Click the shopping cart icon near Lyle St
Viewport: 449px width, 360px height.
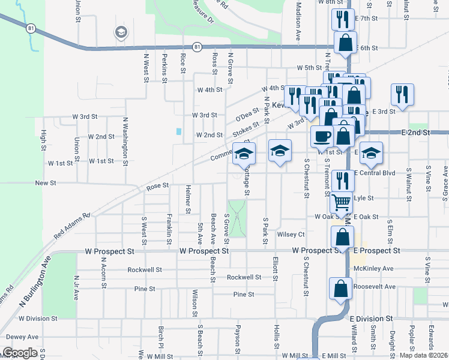click(342, 203)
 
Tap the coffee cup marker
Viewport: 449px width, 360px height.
click(322, 136)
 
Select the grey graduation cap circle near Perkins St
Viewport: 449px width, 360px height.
click(121, 32)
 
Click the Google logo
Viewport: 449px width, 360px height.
click(20, 352)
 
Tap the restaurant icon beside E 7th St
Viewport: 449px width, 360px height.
click(343, 19)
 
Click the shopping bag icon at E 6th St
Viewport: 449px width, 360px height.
click(346, 43)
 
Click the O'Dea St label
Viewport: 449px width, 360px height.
click(247, 112)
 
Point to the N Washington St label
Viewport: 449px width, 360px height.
click(125, 141)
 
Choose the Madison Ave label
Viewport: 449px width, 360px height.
click(298, 21)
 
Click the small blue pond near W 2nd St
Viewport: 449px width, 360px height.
click(178, 131)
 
